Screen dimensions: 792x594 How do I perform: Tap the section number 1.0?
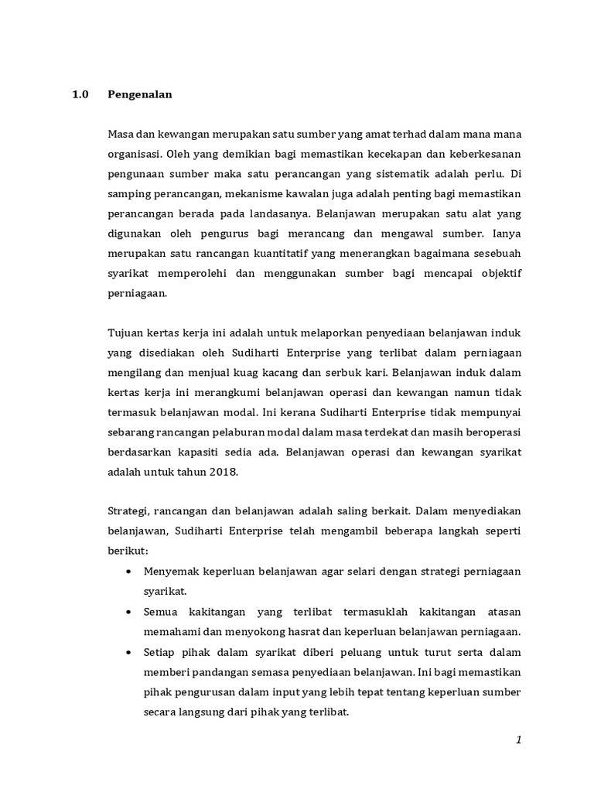coord(80,95)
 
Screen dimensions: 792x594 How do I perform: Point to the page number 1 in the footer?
coord(519,740)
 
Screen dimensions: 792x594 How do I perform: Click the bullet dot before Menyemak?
coord(128,572)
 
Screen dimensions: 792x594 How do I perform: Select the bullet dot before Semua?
coord(128,612)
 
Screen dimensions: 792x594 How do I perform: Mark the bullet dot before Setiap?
coord(128,652)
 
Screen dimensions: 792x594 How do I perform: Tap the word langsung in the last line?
coord(200,712)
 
